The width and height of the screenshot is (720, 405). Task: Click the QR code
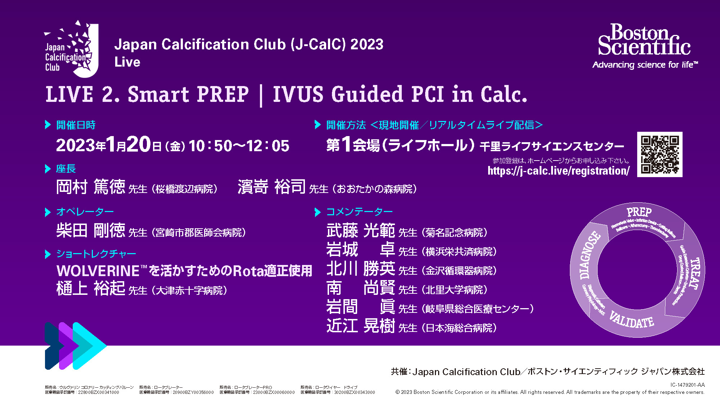(x=660, y=154)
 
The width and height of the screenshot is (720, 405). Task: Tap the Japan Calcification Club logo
(x=71, y=49)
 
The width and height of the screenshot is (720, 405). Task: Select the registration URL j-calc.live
(x=558, y=171)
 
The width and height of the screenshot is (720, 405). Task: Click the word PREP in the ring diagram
(x=639, y=212)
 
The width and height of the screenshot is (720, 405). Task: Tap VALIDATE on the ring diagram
(x=632, y=320)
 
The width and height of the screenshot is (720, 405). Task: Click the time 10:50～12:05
(x=239, y=146)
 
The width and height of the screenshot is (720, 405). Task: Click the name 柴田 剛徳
(x=91, y=230)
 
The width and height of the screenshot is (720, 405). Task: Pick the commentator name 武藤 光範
(x=360, y=230)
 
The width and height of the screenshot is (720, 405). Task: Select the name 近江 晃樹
(x=360, y=326)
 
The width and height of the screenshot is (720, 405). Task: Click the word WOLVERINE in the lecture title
(x=98, y=271)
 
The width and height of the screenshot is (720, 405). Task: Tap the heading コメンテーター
(x=359, y=212)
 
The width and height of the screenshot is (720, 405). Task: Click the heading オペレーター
(x=85, y=212)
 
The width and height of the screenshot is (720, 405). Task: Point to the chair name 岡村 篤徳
(x=91, y=187)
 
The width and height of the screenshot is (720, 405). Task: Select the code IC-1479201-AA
(x=687, y=385)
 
